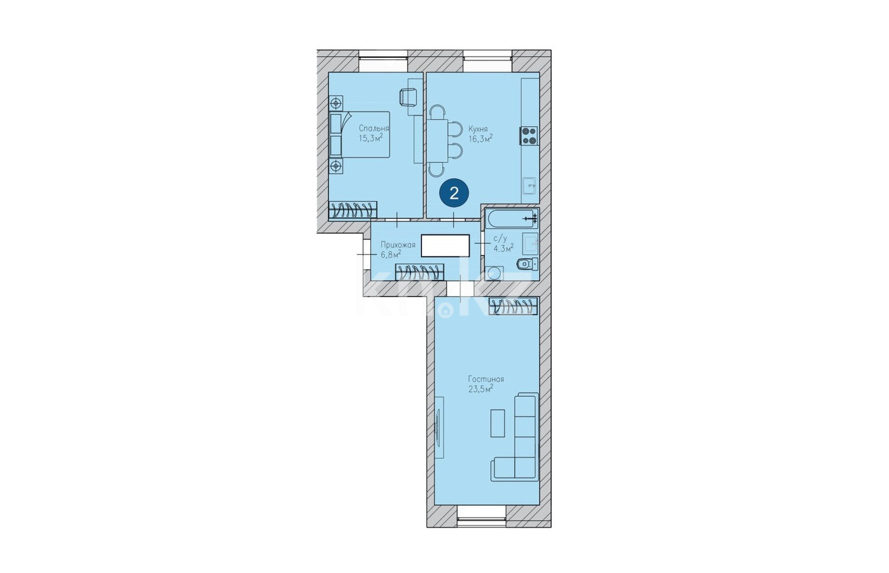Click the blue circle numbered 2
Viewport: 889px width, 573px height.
click(454, 193)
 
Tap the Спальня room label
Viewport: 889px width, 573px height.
click(373, 129)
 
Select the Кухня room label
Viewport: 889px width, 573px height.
click(478, 129)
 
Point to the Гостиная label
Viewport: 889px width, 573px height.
click(486, 379)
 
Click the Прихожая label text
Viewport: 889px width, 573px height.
click(398, 244)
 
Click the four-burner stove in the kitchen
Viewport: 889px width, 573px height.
click(529, 136)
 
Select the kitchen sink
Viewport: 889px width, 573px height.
click(530, 185)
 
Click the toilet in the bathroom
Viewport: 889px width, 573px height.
click(527, 264)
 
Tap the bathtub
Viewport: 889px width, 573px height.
click(511, 218)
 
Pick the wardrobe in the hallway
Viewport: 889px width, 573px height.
click(419, 272)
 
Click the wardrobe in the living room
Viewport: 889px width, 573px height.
click(513, 306)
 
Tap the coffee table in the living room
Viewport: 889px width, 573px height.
click(498, 423)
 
